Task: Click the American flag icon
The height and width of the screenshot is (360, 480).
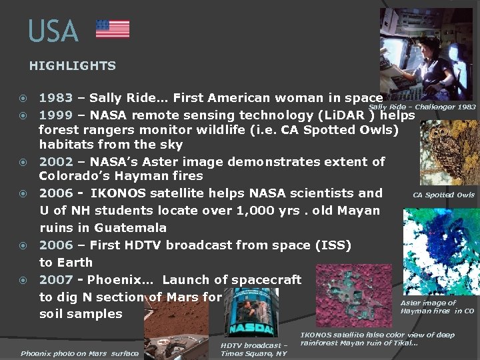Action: click(x=113, y=29)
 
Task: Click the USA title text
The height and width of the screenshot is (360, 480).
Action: click(x=53, y=31)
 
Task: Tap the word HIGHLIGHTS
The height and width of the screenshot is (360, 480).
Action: click(x=72, y=66)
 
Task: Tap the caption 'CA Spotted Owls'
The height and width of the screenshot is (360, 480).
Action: click(x=443, y=195)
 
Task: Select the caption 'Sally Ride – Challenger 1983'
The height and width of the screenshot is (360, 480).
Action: click(x=422, y=107)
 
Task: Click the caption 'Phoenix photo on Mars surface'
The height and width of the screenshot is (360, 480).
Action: click(x=79, y=353)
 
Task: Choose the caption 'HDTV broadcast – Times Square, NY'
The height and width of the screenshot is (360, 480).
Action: click(x=253, y=349)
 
